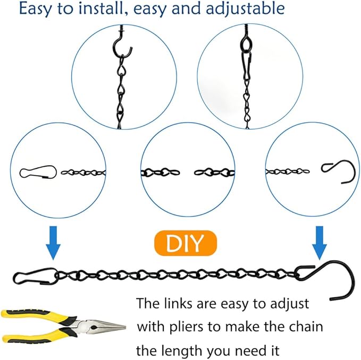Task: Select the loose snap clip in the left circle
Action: pos(38,172)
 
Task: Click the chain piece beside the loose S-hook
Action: pos(288,172)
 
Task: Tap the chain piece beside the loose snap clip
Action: pos(83,172)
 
